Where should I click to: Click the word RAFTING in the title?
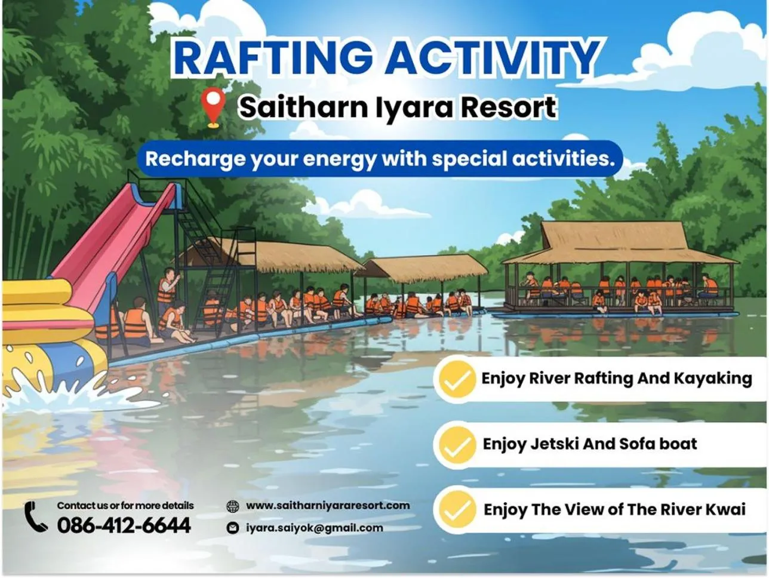pos(272,58)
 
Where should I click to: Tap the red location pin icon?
pos(213,107)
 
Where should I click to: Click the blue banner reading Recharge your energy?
pos(380,159)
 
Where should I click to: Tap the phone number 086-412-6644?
pos(124,525)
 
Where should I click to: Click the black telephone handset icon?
pos(36,517)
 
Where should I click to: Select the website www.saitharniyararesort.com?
pos(328,506)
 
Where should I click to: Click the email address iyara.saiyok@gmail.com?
pos(314,528)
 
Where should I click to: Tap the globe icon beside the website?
pos(233,506)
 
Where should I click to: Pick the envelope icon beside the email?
pos(233,528)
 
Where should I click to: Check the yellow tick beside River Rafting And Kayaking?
pos(456,379)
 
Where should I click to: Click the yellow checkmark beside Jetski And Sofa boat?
pos(456,444)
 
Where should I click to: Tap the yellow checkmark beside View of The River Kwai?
pos(456,509)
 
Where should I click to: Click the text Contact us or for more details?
pos(125,506)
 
